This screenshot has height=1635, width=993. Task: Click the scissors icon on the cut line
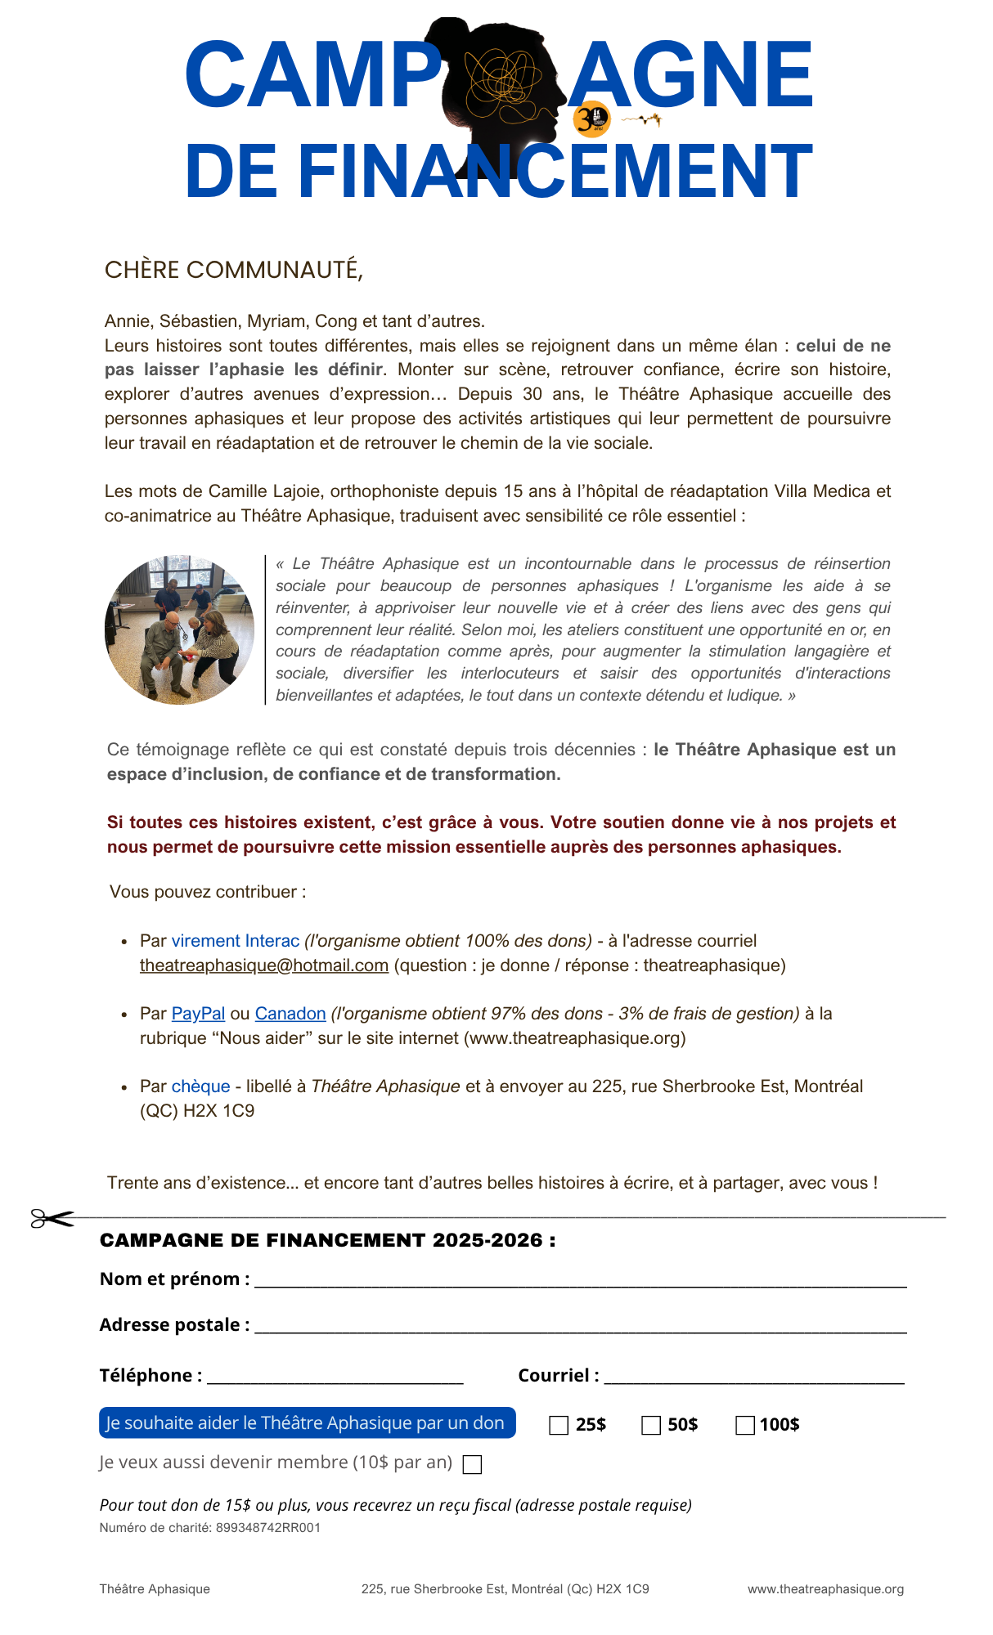(52, 1218)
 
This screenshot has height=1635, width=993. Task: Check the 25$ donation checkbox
(559, 1425)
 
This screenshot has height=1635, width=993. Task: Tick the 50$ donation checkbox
(651, 1425)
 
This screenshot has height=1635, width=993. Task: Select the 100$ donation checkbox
(745, 1425)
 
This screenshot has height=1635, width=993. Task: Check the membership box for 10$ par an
(472, 1464)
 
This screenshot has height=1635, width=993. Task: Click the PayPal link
(198, 1014)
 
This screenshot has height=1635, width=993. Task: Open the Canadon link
(290, 1014)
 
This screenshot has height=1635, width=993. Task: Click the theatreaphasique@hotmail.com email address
(263, 965)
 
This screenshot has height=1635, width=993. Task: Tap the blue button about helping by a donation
(307, 1422)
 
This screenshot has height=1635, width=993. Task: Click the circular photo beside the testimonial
(179, 629)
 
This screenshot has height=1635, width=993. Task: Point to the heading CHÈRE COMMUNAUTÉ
(233, 270)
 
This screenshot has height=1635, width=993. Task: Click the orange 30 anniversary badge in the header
(591, 119)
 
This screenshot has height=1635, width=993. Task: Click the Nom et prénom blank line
(580, 1282)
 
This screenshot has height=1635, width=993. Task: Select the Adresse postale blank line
(580, 1328)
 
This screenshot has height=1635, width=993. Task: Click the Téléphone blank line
(335, 1378)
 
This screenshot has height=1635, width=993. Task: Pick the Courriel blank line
(753, 1378)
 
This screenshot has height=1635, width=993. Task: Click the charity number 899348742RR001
(267, 1527)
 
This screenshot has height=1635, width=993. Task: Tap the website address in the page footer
(825, 1588)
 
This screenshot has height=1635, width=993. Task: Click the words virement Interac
(236, 941)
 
